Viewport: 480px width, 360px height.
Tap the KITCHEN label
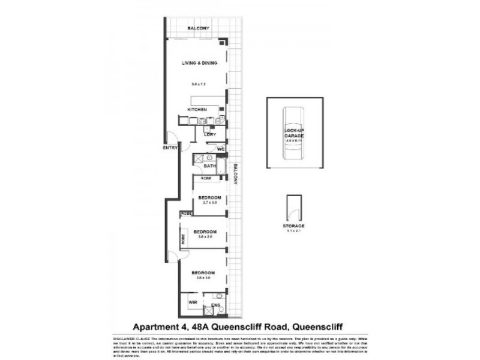click(197, 110)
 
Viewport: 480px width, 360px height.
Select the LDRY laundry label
click(210, 134)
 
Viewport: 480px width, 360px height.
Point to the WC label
click(221, 148)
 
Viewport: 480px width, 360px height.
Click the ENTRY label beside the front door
click(170, 148)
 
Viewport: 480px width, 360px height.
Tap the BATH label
click(209, 166)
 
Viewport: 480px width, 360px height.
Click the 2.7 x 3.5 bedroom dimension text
click(209, 203)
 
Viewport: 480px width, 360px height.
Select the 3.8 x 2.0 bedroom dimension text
click(206, 236)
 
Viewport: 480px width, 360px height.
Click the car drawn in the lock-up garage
click(294, 135)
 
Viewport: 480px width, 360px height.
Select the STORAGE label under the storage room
click(294, 226)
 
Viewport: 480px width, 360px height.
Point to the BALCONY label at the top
click(197, 29)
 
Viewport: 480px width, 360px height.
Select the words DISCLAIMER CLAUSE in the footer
click(128, 338)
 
